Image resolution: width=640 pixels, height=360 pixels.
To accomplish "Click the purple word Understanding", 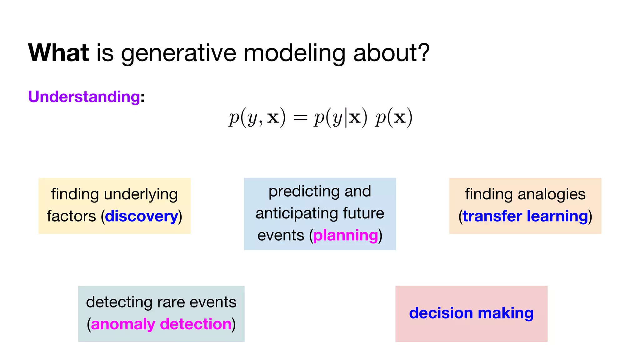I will coord(84,97).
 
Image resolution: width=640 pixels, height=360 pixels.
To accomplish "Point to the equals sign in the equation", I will coord(300,118).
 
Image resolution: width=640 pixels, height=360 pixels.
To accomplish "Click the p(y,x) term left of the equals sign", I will coord(257,118).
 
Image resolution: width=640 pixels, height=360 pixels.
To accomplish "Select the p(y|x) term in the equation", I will coord(340,118).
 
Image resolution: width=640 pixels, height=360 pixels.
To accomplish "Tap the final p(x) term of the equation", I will coord(394,118).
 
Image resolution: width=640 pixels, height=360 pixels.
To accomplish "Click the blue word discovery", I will coord(141,216).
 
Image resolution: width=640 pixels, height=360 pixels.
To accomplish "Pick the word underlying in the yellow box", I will coord(141,194).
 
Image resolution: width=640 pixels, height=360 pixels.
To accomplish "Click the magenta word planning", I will coord(345,235).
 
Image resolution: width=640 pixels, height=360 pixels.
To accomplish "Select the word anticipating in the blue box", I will coord(297,213).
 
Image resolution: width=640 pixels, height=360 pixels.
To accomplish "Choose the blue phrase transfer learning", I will coord(525,216).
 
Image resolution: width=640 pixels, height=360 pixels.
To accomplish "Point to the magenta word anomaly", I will coord(123,324).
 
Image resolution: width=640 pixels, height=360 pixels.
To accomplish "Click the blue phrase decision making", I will coord(471,313).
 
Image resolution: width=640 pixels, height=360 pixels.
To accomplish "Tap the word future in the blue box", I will coord(363,213).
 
